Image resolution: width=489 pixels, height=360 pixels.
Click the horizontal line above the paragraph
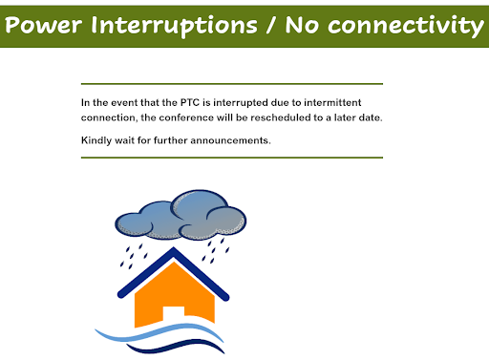(x=231, y=84)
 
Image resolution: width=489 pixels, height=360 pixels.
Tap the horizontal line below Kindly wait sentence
(x=231, y=158)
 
